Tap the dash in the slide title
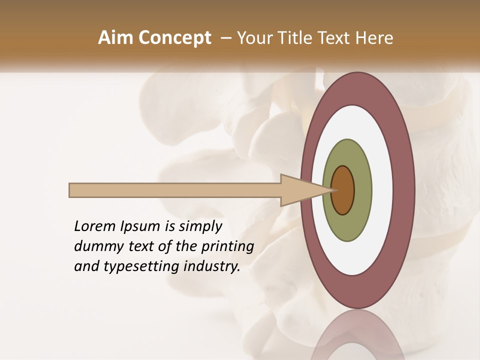(225, 38)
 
